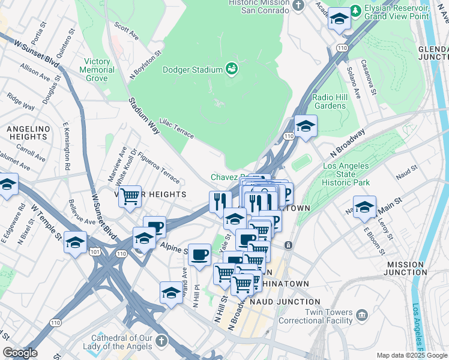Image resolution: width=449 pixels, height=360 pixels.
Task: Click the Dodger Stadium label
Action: (193, 70)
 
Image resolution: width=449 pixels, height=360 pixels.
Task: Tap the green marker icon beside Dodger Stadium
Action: (231, 69)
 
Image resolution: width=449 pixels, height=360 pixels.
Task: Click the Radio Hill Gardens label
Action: (330, 101)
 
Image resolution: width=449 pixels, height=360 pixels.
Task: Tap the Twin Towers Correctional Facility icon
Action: (361, 314)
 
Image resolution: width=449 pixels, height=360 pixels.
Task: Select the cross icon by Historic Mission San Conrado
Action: (298, 6)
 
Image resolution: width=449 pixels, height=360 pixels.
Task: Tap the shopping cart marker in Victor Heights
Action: (130, 196)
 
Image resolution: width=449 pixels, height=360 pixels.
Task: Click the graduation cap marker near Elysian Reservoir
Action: (340, 20)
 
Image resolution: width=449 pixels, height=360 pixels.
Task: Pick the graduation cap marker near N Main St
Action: (364, 206)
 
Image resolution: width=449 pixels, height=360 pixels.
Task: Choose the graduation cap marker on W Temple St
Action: (75, 244)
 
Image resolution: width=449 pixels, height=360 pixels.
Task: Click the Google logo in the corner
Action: (19, 353)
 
